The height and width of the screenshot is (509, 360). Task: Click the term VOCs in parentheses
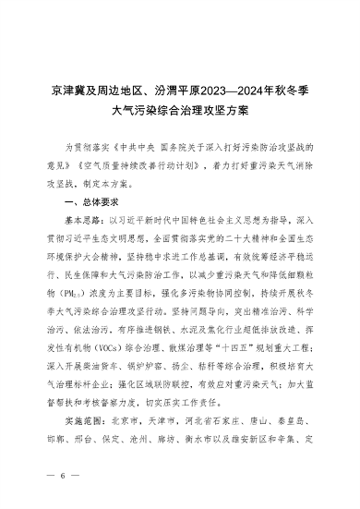point(123,349)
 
